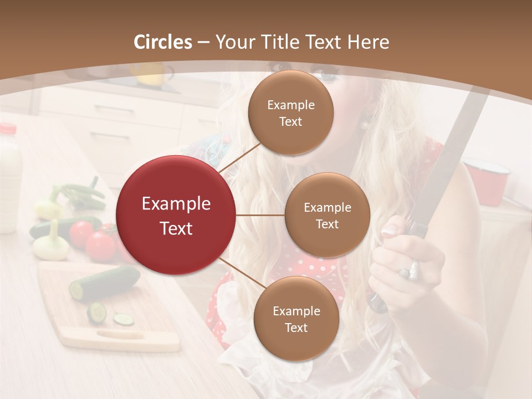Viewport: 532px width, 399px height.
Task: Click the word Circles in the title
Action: [x=163, y=42]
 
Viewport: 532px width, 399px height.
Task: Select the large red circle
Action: [x=176, y=215]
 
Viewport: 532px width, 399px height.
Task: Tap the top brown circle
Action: [x=290, y=112]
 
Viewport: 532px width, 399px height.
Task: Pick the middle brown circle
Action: [x=327, y=215]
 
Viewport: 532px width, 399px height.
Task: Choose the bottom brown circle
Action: [x=296, y=319]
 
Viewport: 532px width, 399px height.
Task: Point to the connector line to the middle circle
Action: [x=260, y=215]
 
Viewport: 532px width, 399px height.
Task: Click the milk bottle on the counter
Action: [x=9, y=177]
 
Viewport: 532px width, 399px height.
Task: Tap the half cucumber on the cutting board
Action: [x=105, y=283]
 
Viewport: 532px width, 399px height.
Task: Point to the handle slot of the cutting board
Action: [x=120, y=334]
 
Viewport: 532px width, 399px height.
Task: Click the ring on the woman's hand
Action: [x=411, y=271]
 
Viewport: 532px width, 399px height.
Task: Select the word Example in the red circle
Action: [x=176, y=204]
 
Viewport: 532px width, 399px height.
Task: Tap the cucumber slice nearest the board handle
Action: [x=124, y=319]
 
